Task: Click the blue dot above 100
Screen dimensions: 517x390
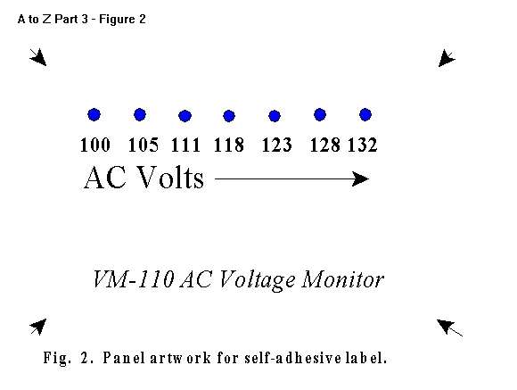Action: pyautogui.click(x=94, y=114)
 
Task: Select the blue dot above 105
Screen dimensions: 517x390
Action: pyautogui.click(x=140, y=114)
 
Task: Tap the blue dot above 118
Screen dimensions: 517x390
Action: pyautogui.click(x=229, y=116)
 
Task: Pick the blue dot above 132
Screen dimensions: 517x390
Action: pyautogui.click(x=365, y=114)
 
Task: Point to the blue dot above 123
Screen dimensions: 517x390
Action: pyautogui.click(x=275, y=116)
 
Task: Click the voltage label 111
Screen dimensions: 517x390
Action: pyautogui.click(x=185, y=145)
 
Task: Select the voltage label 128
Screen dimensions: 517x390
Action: pyautogui.click(x=324, y=145)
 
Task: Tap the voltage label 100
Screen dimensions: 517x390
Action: pyautogui.click(x=95, y=145)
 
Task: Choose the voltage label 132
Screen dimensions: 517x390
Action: pyautogui.click(x=363, y=145)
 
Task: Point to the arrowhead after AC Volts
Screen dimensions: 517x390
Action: pyautogui.click(x=360, y=179)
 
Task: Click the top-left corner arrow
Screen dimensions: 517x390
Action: pyautogui.click(x=38, y=57)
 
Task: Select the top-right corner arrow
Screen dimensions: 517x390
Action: pyautogui.click(x=447, y=58)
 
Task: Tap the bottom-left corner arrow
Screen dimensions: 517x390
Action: pyautogui.click(x=38, y=327)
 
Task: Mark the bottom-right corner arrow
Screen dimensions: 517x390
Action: pyautogui.click(x=449, y=328)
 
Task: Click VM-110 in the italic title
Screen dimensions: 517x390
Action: pyautogui.click(x=133, y=279)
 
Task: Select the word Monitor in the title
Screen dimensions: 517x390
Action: pyautogui.click(x=342, y=279)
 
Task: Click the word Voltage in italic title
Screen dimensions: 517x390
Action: pyautogui.click(x=257, y=281)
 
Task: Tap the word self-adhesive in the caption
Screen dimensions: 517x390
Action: pyautogui.click(x=292, y=358)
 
